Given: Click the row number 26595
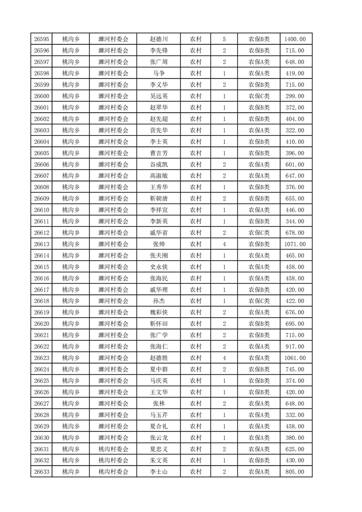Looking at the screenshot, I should click(x=42, y=39).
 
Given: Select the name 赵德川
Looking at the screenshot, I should click(x=159, y=39).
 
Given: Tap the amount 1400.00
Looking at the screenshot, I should click(x=295, y=39).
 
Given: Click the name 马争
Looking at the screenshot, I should click(x=159, y=73).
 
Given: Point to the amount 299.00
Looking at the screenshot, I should click(x=295, y=96).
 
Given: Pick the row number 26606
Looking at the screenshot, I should click(x=42, y=164).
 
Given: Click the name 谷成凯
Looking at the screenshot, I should click(x=159, y=164).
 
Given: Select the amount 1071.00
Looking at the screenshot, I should click(x=295, y=244).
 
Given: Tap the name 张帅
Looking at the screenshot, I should click(x=159, y=244).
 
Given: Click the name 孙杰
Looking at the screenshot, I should click(x=159, y=301).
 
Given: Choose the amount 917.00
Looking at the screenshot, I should click(x=295, y=347).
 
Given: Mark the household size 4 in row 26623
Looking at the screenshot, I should click(x=224, y=358).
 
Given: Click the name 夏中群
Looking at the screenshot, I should click(x=159, y=370).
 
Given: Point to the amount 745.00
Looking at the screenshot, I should click(x=295, y=370).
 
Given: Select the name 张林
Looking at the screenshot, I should click(x=159, y=403).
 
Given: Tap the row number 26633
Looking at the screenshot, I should click(x=42, y=472).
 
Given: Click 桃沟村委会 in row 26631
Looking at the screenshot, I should click(x=114, y=449).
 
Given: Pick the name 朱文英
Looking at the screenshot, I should click(x=159, y=460).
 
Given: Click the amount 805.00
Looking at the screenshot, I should click(x=295, y=472).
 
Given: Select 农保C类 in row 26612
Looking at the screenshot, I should click(x=259, y=233).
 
